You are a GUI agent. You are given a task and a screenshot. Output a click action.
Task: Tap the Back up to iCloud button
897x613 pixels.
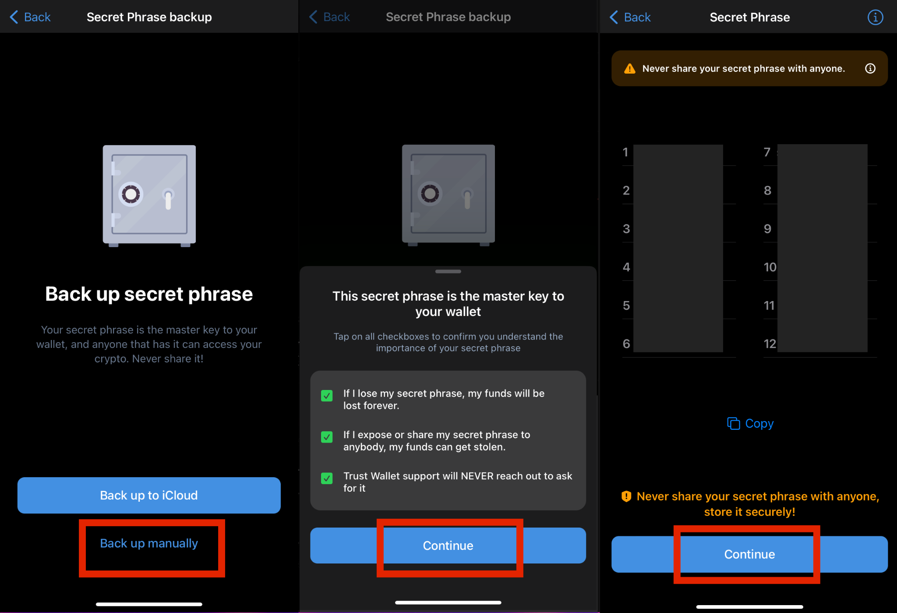pos(149,495)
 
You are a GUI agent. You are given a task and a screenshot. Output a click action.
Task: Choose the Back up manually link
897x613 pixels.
pos(149,543)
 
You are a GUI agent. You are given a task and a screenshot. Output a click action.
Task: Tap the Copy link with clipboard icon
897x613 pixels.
pos(750,424)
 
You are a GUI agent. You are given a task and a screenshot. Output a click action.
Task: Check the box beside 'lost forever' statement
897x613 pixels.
pos(327,396)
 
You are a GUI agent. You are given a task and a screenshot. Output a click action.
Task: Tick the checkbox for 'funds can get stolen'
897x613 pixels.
pos(327,437)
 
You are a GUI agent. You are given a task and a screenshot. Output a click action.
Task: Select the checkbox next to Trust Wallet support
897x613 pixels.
pos(327,478)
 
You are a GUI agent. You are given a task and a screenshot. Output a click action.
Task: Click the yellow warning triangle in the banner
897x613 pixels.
pos(630,69)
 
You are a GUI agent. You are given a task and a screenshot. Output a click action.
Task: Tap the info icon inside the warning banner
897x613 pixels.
pos(870,68)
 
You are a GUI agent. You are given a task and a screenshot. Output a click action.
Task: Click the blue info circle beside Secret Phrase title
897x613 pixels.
pos(875,18)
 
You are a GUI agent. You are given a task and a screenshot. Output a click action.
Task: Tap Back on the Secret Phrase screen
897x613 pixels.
pos(631,18)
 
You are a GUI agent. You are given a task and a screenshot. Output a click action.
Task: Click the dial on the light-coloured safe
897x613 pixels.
pos(131,194)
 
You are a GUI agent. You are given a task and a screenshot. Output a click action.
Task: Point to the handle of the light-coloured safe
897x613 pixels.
pos(168,199)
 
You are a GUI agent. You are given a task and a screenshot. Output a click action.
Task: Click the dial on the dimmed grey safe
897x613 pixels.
pos(430,193)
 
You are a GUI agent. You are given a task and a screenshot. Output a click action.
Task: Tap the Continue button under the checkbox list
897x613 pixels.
pos(448,546)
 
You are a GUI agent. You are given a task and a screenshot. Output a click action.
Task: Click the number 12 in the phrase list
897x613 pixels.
pos(770,344)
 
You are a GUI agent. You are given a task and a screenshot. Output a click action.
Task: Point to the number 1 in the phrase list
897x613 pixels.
pos(625,152)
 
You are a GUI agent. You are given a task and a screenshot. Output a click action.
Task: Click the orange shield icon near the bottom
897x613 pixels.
pos(626,496)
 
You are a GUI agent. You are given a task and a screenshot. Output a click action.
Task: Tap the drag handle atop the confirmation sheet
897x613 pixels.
pos(448,272)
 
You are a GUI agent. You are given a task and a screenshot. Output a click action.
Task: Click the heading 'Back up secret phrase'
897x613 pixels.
pos(149,294)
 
